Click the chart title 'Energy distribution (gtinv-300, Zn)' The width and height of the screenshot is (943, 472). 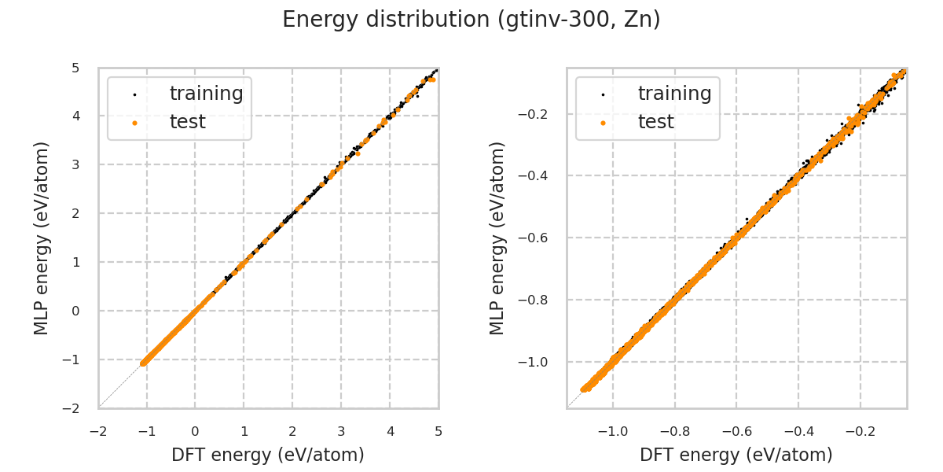(x=472, y=20)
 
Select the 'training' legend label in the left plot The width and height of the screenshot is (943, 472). (x=206, y=94)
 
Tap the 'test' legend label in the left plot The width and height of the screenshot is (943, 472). (x=187, y=122)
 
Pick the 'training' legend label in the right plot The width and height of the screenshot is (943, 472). (x=674, y=94)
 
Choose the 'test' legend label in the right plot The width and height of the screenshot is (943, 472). (x=655, y=122)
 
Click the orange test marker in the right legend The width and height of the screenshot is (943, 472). (x=603, y=123)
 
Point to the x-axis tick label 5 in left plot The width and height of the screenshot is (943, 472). (x=438, y=430)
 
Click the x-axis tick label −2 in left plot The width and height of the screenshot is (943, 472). (x=97, y=430)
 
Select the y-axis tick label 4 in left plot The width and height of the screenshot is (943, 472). (x=75, y=116)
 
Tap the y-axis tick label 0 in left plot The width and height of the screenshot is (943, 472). (x=75, y=311)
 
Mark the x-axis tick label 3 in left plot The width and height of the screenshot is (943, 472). (x=341, y=430)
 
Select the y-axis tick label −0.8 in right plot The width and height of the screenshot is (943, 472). (x=538, y=300)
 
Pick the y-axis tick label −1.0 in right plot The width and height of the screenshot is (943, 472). (x=538, y=362)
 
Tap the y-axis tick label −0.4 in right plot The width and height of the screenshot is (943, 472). (x=538, y=175)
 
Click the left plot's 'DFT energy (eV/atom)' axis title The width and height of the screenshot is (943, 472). (x=268, y=455)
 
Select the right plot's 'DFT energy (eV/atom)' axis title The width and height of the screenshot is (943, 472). (x=736, y=455)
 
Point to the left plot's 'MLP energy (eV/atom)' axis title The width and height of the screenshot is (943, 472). (x=42, y=238)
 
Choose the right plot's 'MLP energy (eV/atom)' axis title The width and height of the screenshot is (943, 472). (x=497, y=238)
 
